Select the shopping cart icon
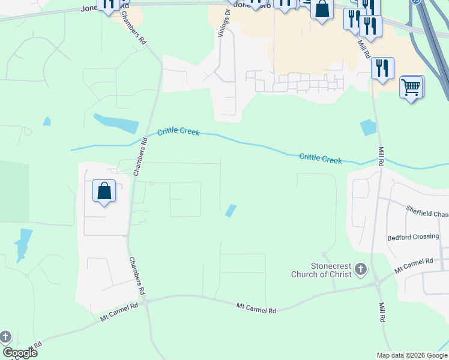coord(411,87)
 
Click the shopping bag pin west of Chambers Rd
coord(104,191)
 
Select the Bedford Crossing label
coord(413,236)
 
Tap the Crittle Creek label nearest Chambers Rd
coord(178,131)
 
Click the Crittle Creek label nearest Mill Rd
coord(321,158)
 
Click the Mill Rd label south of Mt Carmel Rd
coord(381,312)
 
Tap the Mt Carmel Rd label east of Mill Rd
coord(414,266)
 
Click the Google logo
coord(20,353)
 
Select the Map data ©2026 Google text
coord(412,355)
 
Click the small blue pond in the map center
coord(230,211)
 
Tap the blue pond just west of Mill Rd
coord(367,127)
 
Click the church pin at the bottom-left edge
coord(5,337)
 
